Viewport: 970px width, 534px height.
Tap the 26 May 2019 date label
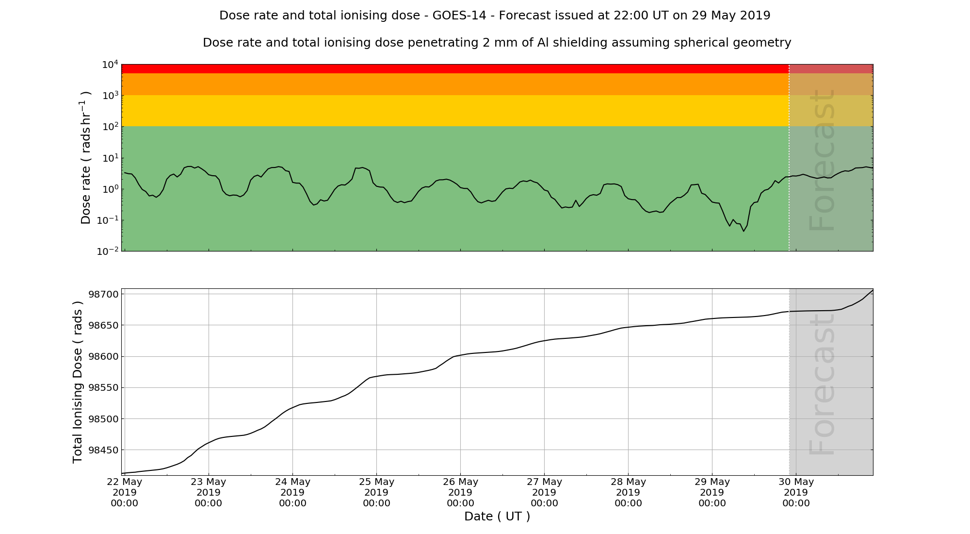(460, 492)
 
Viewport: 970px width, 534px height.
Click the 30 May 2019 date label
(796, 492)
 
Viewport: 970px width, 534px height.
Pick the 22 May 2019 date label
(125, 492)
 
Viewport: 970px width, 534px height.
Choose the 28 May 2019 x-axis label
(628, 492)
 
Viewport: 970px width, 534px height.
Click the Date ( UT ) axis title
(497, 517)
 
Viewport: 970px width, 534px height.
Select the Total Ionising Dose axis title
(78, 382)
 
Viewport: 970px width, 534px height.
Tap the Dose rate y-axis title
(86, 157)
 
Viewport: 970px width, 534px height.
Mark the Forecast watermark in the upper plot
(822, 160)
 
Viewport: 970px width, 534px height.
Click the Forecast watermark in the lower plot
(822, 384)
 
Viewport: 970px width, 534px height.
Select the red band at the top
(455, 68)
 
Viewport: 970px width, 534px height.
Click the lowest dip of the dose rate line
(744, 231)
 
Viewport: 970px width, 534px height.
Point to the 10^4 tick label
(110, 65)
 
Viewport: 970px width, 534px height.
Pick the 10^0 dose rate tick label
(110, 189)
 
